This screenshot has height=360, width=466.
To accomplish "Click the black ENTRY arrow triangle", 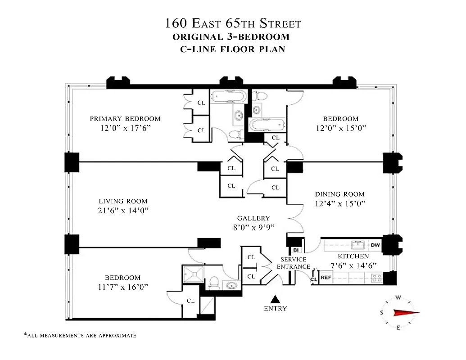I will tap(276, 299).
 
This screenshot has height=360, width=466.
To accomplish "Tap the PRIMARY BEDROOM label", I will tap(125, 119).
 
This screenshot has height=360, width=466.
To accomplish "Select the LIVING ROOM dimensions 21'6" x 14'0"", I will tap(123, 211).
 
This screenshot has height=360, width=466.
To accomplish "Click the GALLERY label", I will tap(253, 218).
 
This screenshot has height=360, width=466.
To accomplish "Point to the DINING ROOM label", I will tap(339, 194).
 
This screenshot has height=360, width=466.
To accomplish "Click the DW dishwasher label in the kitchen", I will tap(376, 245).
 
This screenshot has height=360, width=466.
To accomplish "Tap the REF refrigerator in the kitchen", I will tap(326, 278).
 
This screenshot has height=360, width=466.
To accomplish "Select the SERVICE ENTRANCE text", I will tap(293, 263).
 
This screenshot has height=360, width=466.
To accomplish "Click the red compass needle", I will tap(406, 313).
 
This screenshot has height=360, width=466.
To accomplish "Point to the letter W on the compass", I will tap(398, 297).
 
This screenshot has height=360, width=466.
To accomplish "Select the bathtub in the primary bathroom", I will tap(229, 96).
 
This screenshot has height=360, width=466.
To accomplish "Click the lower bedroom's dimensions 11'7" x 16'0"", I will tap(123, 287).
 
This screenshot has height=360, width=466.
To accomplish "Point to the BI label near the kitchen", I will tap(296, 250).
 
